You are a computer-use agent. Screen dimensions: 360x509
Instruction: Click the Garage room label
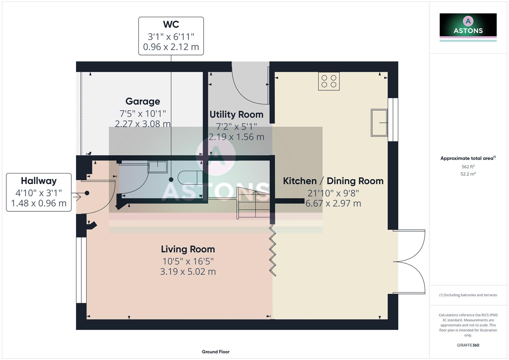coord(143,101)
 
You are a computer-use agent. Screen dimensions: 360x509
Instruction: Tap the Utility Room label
coord(236,114)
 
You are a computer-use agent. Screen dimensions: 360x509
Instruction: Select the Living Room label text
coord(188,249)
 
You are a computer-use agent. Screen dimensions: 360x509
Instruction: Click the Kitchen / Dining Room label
coord(333,181)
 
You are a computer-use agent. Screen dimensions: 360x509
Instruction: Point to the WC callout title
coord(171,24)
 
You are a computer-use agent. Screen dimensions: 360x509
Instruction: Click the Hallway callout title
coord(39,181)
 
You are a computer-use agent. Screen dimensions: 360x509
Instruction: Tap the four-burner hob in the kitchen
coord(329,81)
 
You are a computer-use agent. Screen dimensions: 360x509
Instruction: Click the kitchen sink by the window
coord(379,123)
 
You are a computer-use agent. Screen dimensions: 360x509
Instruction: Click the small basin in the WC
coord(158,167)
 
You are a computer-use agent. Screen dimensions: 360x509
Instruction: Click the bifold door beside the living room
coord(273,250)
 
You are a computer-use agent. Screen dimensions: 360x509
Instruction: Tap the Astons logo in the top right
coord(468,27)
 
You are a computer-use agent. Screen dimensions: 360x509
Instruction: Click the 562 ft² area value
coord(468,167)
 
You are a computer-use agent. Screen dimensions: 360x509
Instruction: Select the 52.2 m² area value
coord(468,174)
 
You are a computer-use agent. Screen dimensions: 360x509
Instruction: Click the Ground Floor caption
coord(216,352)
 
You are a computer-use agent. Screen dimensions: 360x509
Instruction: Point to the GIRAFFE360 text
coord(468,345)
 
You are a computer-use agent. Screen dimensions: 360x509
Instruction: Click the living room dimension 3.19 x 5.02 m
coord(188,272)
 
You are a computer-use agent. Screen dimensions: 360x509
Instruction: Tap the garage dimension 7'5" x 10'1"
coord(143,114)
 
